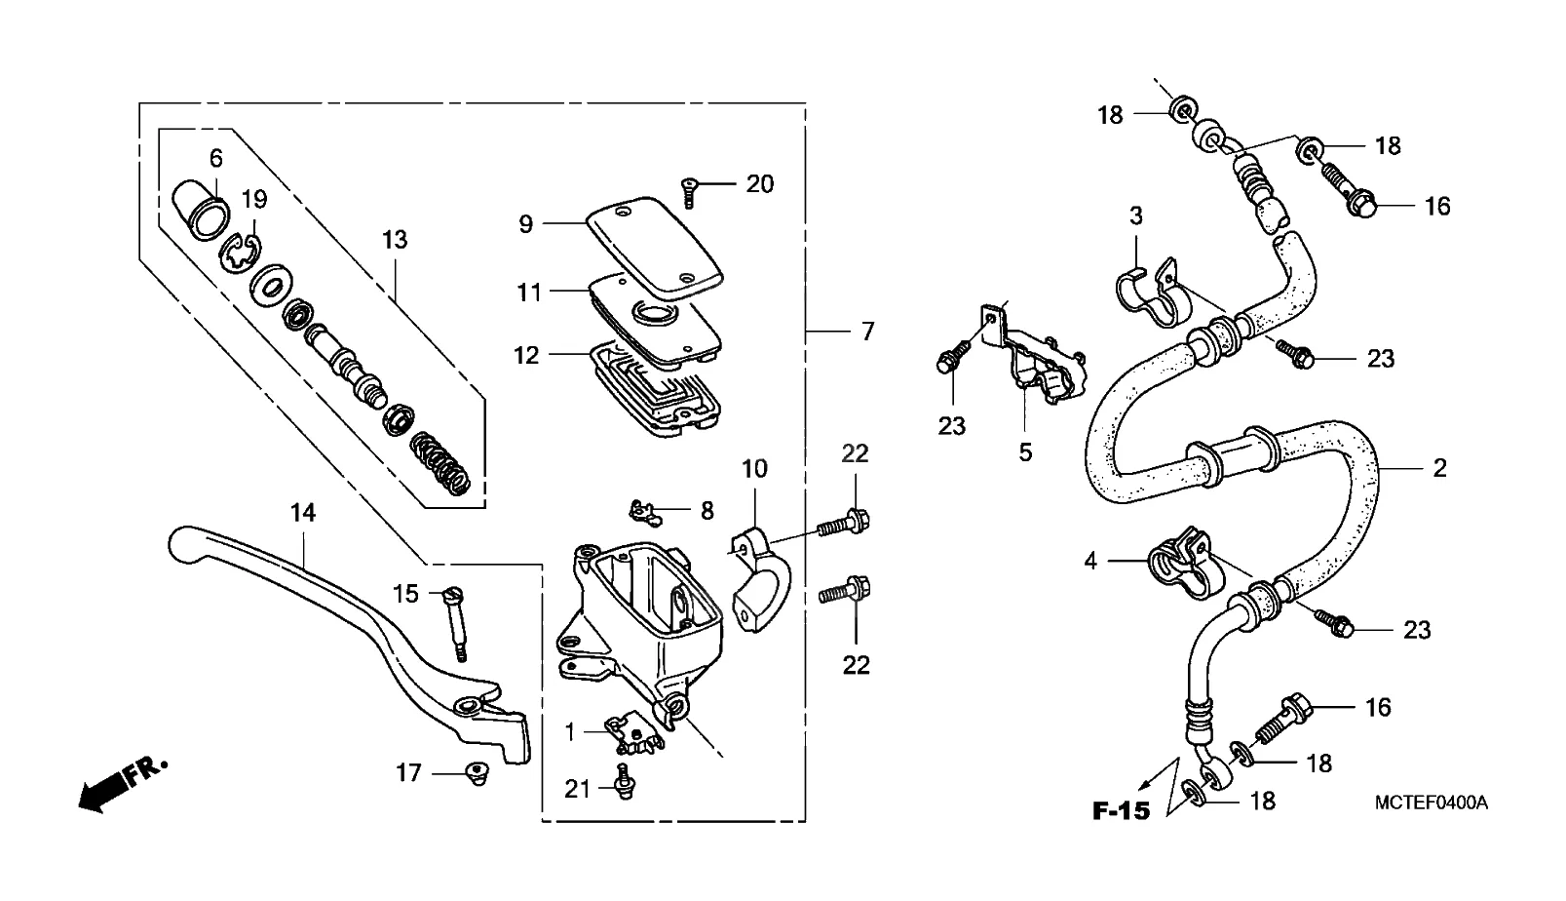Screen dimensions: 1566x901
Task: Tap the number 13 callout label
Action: click(395, 240)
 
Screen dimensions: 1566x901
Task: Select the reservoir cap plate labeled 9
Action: click(654, 247)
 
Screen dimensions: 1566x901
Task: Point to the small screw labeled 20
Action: click(689, 193)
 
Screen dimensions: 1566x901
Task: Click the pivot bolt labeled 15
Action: click(454, 623)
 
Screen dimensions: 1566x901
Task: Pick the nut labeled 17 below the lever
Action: click(477, 774)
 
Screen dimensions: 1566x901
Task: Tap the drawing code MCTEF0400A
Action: click(1432, 803)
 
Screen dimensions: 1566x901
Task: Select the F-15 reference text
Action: click(1121, 810)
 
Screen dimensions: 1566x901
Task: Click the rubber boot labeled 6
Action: click(201, 210)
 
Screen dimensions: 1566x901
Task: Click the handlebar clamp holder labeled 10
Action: click(761, 580)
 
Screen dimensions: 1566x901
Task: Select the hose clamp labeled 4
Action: click(1185, 564)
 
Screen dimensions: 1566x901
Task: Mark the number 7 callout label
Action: click(867, 331)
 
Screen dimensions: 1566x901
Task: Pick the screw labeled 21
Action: click(625, 781)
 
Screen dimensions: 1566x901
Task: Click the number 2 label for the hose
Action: click(1439, 468)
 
